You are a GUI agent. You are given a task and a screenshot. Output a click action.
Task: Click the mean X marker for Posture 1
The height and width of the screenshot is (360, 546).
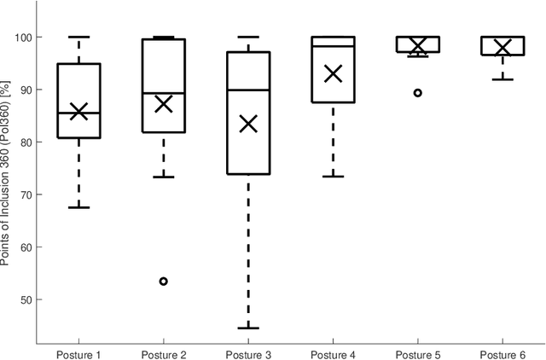(x=78, y=111)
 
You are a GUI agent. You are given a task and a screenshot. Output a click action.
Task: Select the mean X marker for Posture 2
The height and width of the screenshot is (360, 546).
(x=163, y=104)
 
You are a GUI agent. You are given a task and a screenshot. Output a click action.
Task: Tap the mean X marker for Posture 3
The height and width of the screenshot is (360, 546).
(x=248, y=125)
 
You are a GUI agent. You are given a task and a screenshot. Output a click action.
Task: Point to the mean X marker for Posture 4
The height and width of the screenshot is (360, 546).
(x=333, y=74)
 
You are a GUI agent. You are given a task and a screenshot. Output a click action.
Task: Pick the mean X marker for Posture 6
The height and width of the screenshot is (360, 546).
(x=502, y=47)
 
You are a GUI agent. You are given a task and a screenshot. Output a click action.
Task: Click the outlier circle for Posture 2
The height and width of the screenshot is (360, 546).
(x=163, y=281)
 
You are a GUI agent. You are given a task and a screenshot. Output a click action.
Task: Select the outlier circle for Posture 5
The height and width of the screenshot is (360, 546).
(x=417, y=92)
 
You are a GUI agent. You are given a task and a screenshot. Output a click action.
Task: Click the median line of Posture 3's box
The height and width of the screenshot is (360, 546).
(x=248, y=90)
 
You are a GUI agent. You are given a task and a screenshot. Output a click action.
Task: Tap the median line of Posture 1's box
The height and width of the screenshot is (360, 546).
(x=78, y=113)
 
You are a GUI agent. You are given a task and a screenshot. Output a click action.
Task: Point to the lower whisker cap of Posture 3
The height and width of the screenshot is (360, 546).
(x=248, y=328)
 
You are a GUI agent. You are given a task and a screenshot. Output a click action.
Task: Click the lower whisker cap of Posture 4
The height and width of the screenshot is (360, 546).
(x=333, y=176)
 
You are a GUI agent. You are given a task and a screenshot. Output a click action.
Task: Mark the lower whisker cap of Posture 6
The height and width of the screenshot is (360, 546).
(x=502, y=79)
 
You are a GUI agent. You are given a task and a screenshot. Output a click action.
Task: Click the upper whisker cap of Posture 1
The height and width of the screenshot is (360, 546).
(x=78, y=38)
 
